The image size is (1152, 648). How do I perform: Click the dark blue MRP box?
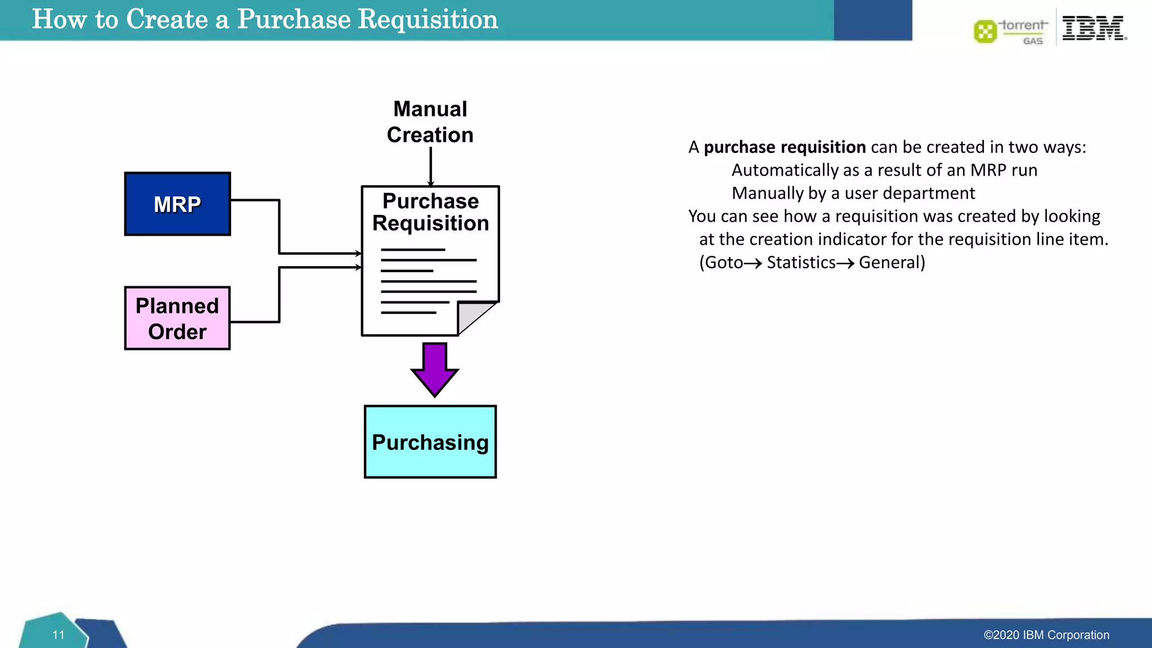coord(177,204)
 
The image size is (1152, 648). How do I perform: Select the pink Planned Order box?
coord(177,318)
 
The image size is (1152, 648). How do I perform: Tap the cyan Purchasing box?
coord(430,442)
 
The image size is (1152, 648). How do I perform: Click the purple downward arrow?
coord(435,369)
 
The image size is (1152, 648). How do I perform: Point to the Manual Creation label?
coord(430,122)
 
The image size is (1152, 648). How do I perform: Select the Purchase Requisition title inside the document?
coord(430,212)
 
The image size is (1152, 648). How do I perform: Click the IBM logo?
coord(1093,28)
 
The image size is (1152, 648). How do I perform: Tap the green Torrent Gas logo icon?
coord(985,31)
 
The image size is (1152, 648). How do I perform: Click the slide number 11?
coord(58,635)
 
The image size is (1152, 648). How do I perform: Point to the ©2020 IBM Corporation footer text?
coord(1046,635)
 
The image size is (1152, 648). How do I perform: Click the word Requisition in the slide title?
coord(427,19)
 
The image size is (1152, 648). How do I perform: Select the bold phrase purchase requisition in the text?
coord(785,147)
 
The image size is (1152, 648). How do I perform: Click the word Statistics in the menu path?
coord(801,263)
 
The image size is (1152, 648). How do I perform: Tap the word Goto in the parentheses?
coord(724,263)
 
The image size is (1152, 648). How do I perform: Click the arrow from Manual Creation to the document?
coord(431,166)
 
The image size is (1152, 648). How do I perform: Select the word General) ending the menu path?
coord(892,263)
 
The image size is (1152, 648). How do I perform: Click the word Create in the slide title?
coord(167,19)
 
